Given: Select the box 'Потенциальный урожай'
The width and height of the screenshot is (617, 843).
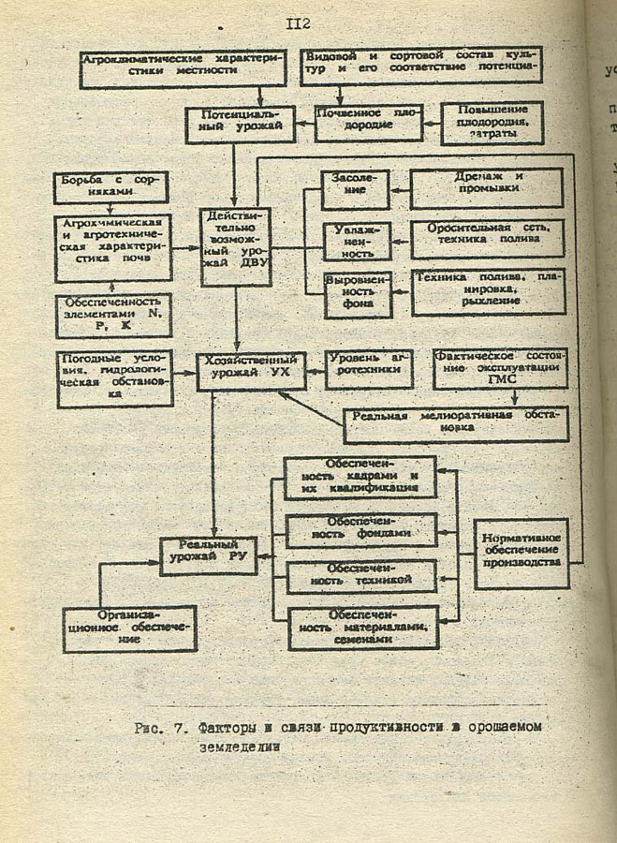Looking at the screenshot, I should tap(240, 124).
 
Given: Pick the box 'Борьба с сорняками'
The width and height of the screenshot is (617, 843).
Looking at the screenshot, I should tap(111, 185).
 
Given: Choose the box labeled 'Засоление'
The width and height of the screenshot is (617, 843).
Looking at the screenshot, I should tap(355, 187).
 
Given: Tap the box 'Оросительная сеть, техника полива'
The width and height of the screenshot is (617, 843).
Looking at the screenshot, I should tap(487, 239).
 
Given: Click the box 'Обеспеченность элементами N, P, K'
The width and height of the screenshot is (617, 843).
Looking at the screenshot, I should tap(112, 316).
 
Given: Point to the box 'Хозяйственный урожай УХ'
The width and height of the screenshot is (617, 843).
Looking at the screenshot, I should tap(251, 371).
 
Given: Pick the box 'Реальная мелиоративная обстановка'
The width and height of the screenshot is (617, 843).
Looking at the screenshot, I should tap(455, 422).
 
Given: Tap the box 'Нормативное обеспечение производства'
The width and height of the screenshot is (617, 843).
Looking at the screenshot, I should tap(521, 554).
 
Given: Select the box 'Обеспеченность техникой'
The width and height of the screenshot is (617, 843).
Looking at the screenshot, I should tap(361, 576).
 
